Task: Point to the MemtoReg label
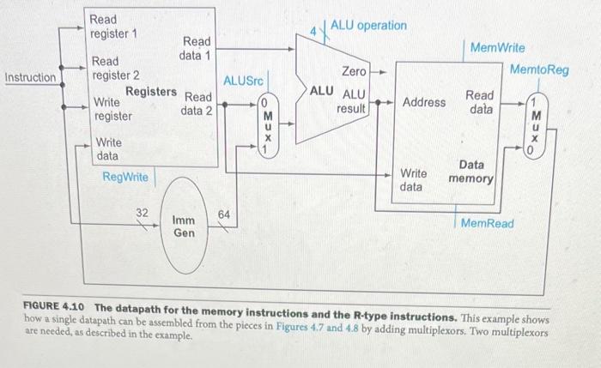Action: (x=538, y=69)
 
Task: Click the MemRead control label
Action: (x=487, y=223)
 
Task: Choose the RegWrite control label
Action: (x=124, y=177)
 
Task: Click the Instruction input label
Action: (x=30, y=78)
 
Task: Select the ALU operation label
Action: (x=368, y=26)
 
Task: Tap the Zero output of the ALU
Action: (x=354, y=71)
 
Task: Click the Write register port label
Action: (x=112, y=109)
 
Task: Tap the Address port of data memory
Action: (x=424, y=102)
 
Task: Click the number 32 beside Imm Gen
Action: (x=143, y=211)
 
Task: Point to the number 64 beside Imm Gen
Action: (x=225, y=213)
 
